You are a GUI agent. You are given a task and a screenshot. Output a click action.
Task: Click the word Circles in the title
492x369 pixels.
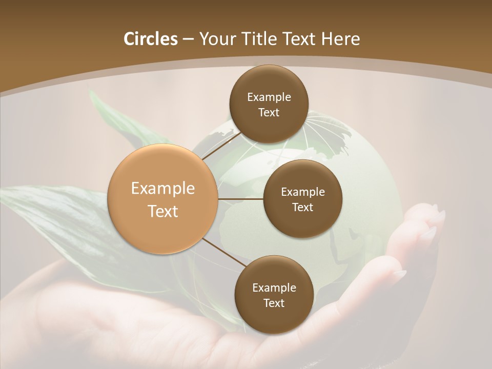(150, 38)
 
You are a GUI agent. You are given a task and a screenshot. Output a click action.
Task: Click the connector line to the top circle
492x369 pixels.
(221, 146)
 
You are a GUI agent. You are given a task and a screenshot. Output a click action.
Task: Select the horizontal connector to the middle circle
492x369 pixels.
(240, 199)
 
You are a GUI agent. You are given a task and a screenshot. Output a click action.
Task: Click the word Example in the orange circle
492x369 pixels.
(163, 188)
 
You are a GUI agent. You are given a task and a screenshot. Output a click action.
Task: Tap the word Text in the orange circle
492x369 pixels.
(163, 211)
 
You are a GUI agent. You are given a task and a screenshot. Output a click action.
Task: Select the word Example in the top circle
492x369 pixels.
(269, 97)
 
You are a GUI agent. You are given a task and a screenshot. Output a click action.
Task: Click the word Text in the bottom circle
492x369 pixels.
(274, 303)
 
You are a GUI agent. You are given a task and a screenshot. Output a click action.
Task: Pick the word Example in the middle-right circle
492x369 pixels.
(303, 192)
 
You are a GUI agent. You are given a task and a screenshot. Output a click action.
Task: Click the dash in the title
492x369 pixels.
(188, 39)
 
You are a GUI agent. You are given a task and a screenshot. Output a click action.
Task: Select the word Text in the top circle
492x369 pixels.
(269, 112)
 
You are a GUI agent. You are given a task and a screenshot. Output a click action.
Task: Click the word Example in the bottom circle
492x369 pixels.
(274, 288)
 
